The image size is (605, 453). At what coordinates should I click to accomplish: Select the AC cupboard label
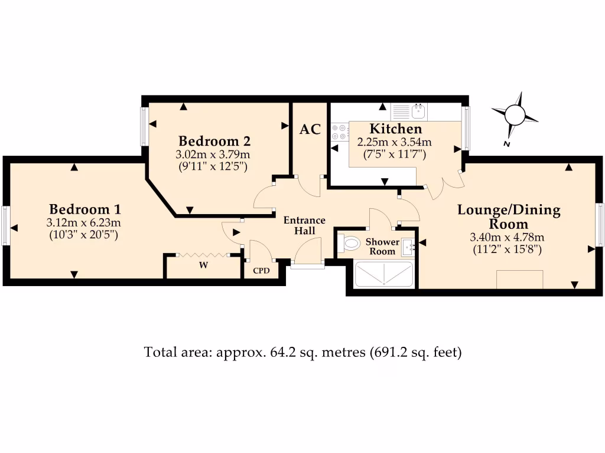coord(310,129)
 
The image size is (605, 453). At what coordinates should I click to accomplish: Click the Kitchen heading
coord(395,129)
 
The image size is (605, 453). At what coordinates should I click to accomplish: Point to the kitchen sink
coord(420,110)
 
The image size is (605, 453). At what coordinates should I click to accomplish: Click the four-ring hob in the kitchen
coord(340,132)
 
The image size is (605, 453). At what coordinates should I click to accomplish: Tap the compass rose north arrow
coord(515,113)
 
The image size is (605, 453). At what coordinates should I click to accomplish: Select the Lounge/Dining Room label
coord(509,216)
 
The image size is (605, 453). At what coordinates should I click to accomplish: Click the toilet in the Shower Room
coord(349,243)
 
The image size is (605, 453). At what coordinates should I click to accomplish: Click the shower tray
coord(384,275)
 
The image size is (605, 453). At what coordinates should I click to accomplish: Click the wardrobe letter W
coord(203,265)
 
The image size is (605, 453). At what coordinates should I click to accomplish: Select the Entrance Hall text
coord(304,225)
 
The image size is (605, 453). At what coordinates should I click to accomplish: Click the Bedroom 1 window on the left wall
coord(5,225)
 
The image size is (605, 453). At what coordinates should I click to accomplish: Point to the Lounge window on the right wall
coord(600,224)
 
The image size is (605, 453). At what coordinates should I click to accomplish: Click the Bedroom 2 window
coord(144,126)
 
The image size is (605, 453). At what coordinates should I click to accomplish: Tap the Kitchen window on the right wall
coord(466,128)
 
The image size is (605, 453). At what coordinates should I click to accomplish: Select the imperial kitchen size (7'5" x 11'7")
coord(395,155)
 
